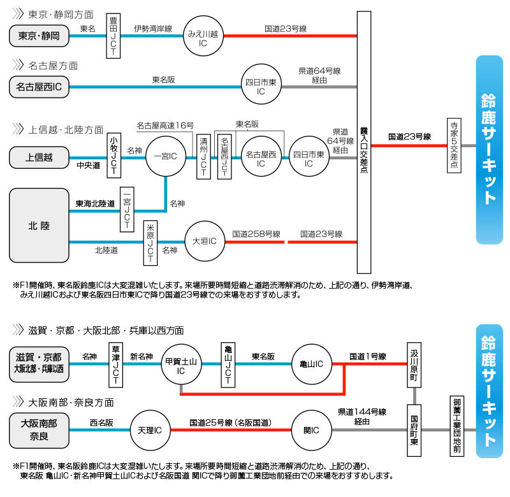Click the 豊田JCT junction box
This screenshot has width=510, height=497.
point(113,36)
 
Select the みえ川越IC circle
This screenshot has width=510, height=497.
point(203,36)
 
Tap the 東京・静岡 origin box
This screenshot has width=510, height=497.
point(39,36)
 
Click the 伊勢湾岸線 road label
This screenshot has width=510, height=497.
point(153,29)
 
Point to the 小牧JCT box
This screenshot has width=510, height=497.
point(113,155)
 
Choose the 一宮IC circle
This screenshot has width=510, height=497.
point(166,155)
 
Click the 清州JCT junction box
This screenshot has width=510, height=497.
point(203,155)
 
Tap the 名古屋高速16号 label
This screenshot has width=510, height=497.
point(165,125)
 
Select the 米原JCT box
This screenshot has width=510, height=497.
point(150,242)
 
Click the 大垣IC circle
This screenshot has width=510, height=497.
point(205,241)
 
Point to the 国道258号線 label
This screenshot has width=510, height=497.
point(256,234)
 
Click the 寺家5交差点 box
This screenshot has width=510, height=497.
point(455,145)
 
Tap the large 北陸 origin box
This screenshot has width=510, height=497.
point(39,226)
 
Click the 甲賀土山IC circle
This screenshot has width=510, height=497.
point(180,364)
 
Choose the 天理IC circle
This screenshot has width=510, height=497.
point(150,431)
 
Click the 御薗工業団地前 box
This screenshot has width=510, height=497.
point(456,426)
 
